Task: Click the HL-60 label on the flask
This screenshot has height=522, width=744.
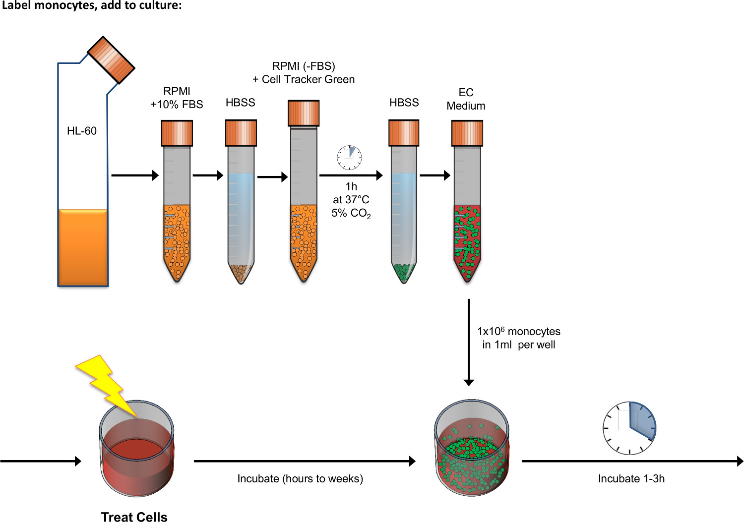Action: pos(82,131)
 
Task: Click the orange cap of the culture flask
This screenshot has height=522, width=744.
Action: pos(111,59)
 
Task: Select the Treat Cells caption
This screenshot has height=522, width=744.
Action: pos(134,517)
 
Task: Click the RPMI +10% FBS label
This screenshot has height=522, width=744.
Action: pos(177,98)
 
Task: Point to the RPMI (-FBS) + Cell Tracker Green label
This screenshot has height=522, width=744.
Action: pos(304,73)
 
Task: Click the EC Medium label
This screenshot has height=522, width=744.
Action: pos(466,99)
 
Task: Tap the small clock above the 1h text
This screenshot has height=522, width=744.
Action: pos(349,158)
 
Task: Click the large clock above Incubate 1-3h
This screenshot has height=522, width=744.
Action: pos(629,428)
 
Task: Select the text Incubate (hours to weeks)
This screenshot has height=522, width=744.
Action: pos(300,478)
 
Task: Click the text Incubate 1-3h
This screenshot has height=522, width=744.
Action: pos(631,478)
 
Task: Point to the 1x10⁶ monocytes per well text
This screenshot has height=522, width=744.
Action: pos(518,338)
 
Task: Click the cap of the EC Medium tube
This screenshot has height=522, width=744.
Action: pos(467,133)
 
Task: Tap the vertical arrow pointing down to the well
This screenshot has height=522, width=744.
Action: pos(469,342)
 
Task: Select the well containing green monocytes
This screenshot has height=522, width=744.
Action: pos(471,449)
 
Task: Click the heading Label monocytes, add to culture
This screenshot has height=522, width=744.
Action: pos(91,6)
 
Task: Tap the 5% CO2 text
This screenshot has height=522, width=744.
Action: pos(351,213)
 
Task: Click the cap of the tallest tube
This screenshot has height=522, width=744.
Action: pos(304,113)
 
